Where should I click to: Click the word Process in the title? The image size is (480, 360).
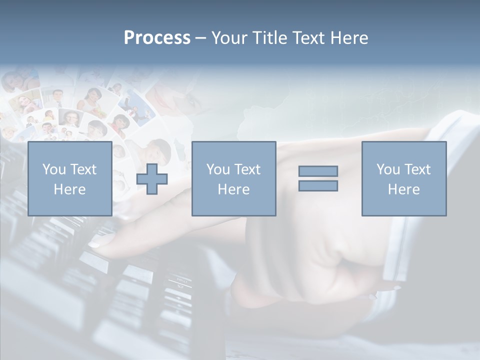point(157,38)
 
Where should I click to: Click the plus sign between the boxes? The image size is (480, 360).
point(152,179)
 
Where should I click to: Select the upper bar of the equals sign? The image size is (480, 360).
point(318,171)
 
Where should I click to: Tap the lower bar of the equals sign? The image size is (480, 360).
point(318,185)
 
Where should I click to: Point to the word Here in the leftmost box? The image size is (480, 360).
point(69,189)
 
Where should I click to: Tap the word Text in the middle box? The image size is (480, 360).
point(247,169)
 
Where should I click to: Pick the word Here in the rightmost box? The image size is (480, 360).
point(403,189)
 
